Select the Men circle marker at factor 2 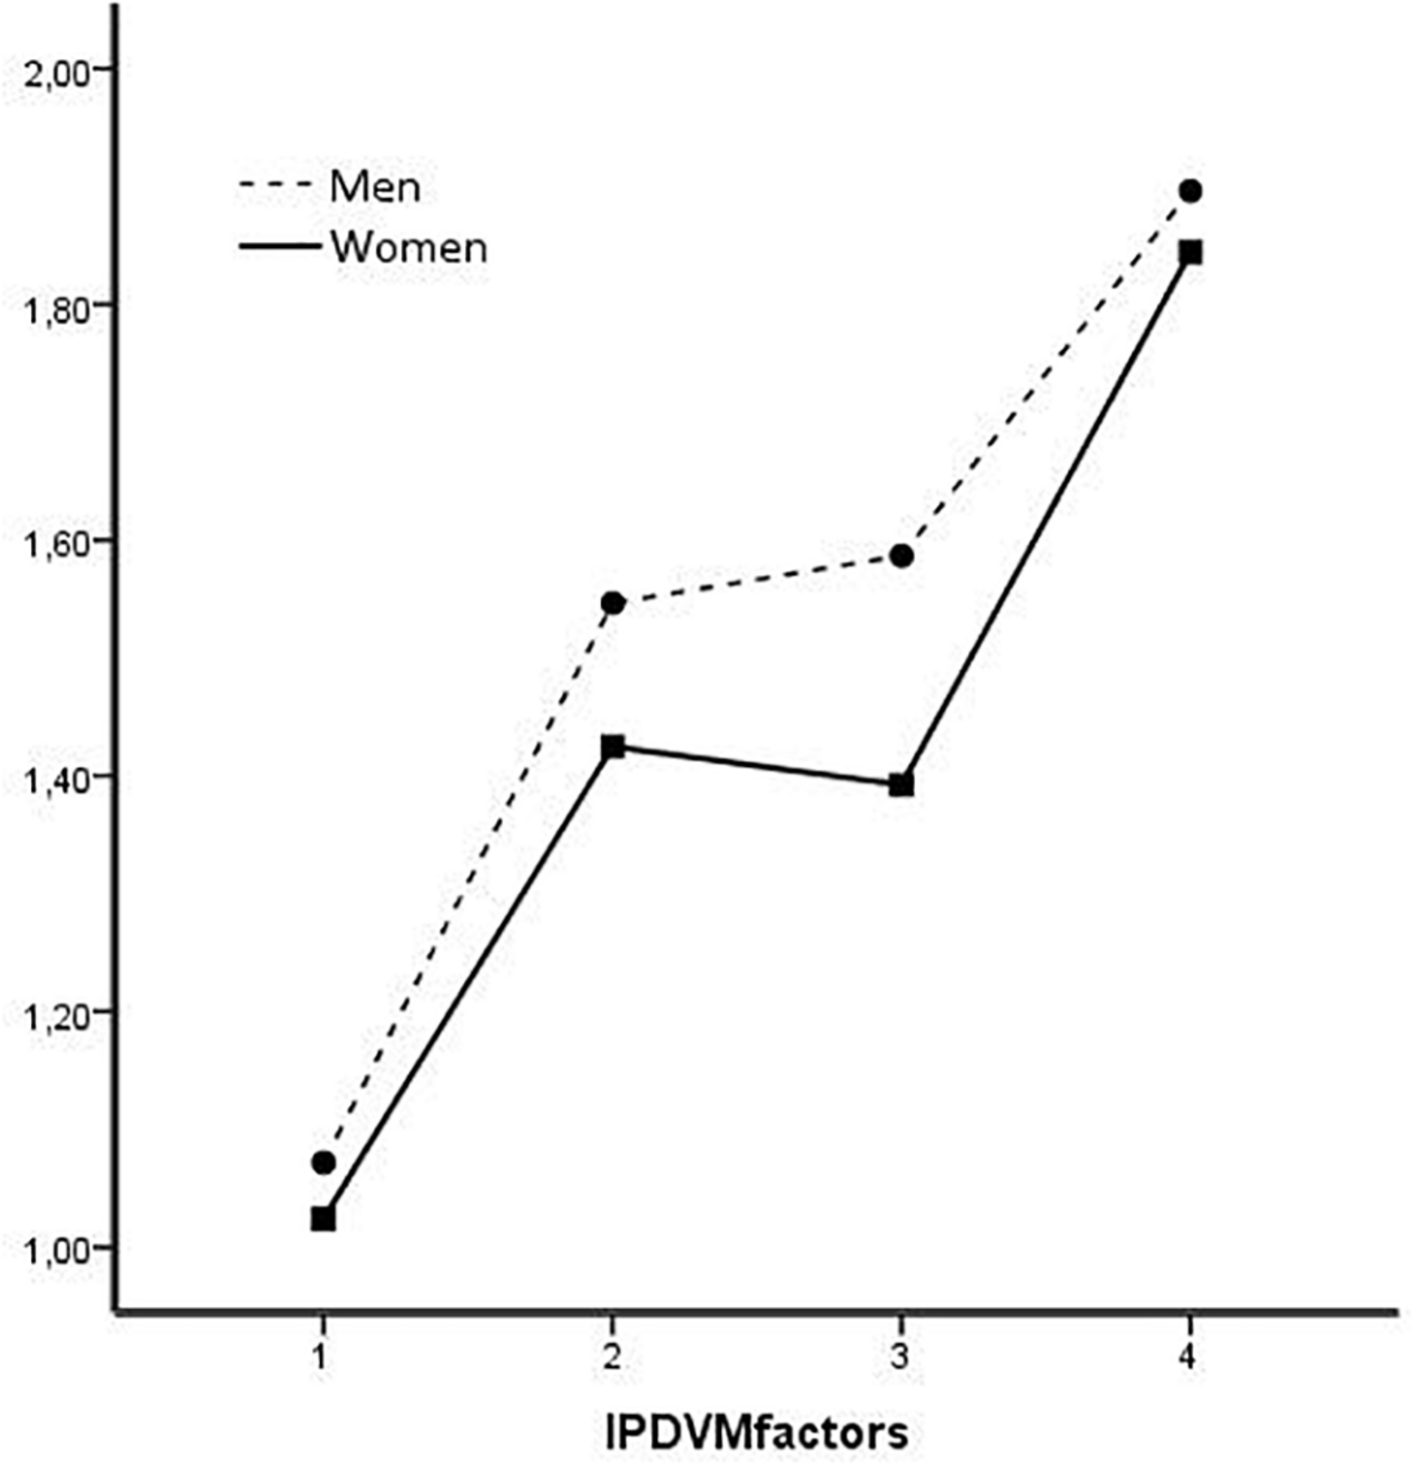click(x=612, y=602)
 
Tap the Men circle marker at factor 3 click(x=902, y=555)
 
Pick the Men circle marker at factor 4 click(x=1191, y=191)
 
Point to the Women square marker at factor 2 click(x=612, y=746)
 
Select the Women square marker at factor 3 click(x=902, y=785)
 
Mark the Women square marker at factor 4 click(x=1191, y=252)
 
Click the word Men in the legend click(x=375, y=186)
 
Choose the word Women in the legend click(x=409, y=247)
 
